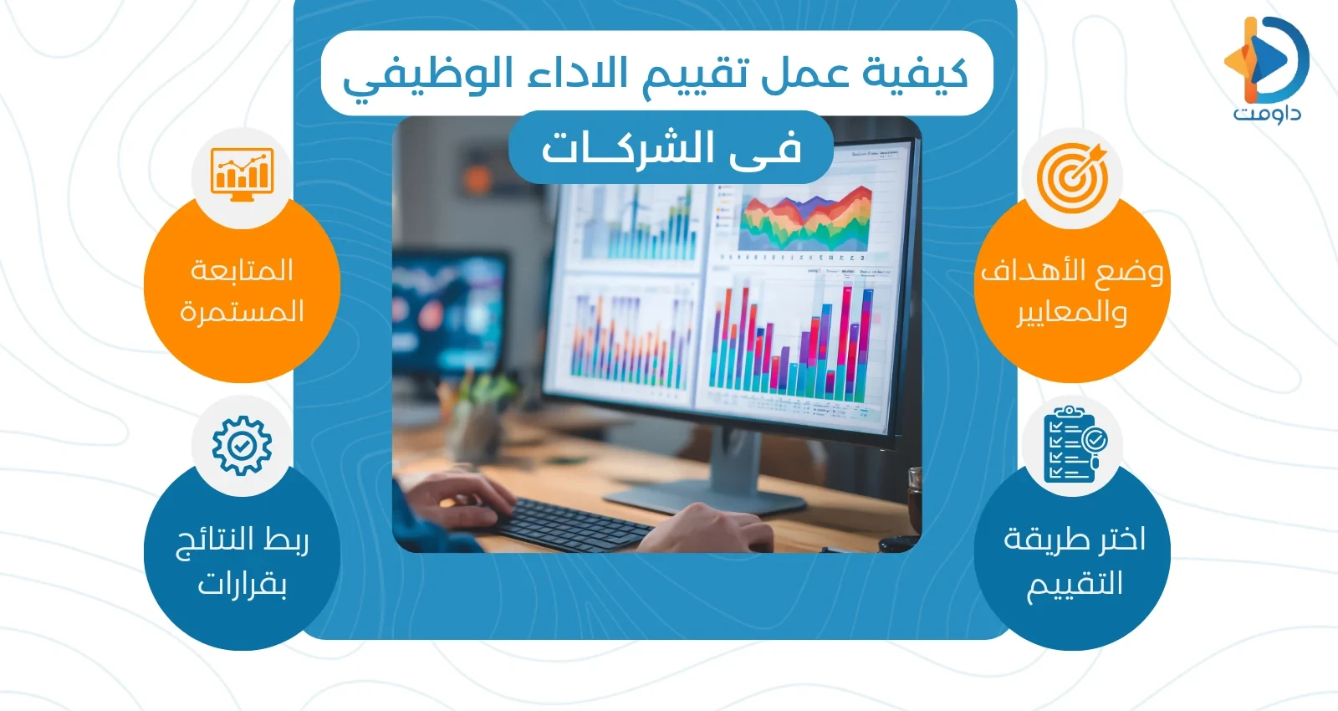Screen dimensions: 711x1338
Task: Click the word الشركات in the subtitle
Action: [627, 149]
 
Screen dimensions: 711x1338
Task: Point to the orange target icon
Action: [1072, 177]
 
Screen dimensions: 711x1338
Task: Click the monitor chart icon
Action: [242, 174]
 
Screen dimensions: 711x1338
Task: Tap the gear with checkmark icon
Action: [242, 446]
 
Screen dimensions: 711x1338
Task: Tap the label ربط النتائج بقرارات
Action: [242, 561]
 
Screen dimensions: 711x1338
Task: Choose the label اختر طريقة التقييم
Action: [1074, 561]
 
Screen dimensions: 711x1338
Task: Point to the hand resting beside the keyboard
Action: [711, 527]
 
